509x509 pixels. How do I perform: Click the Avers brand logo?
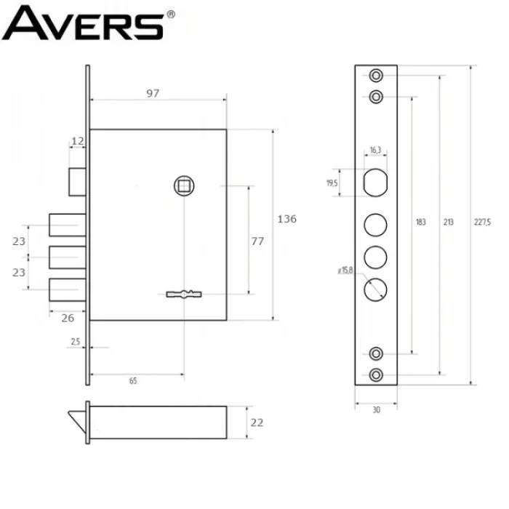[88, 23]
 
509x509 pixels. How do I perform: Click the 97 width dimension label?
[153, 94]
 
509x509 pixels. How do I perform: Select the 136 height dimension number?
[287, 219]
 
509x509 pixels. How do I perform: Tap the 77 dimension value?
[257, 241]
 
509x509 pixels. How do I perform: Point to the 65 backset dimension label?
[133, 381]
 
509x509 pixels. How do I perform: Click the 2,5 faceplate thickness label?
[76, 342]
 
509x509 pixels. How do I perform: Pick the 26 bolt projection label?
[68, 318]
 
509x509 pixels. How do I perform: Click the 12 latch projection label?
[78, 141]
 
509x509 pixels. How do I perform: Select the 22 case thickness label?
[257, 422]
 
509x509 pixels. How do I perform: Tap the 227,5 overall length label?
[482, 222]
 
